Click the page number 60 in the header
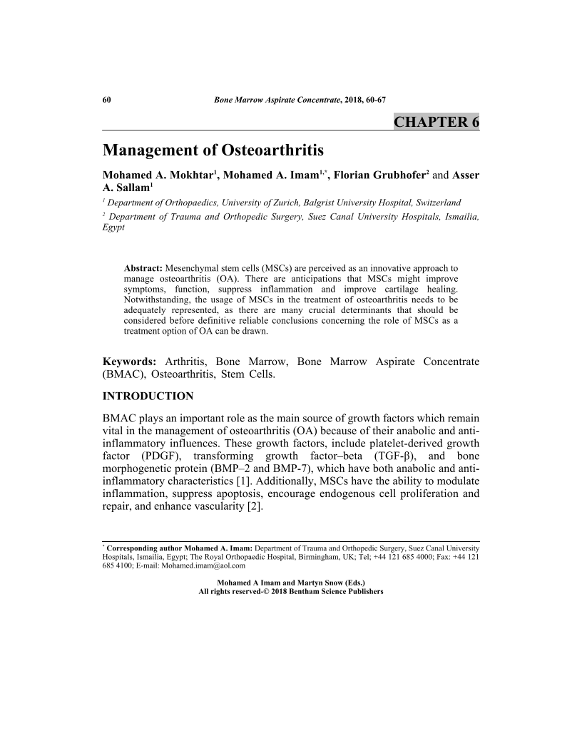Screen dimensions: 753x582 pos(106,100)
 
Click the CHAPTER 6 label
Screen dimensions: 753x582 pos(436,122)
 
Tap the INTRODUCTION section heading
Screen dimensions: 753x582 pos(148,396)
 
